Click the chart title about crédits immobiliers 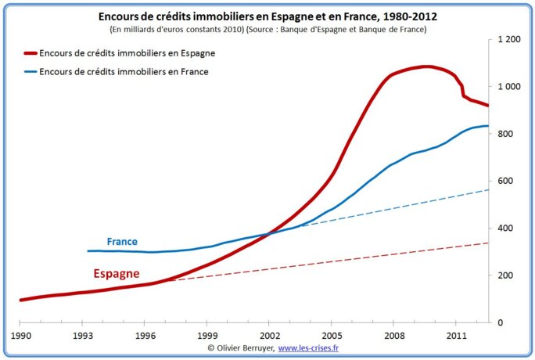[x=267, y=16]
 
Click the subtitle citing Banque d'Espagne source [x=267, y=29]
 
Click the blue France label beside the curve [x=122, y=242]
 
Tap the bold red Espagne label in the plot [x=117, y=274]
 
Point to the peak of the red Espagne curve [x=426, y=67]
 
